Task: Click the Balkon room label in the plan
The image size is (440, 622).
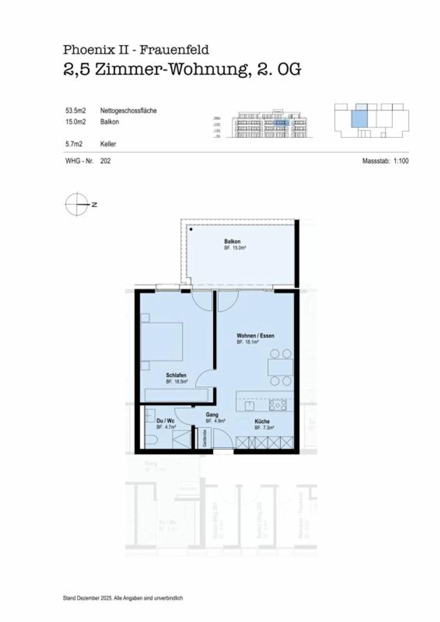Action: [232, 241]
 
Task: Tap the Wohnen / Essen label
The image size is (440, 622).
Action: [255, 336]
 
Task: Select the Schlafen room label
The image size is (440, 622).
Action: [176, 375]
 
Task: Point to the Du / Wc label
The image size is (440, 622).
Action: [165, 421]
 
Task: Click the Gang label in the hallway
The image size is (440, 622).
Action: [212, 415]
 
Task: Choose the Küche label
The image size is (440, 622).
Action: [262, 421]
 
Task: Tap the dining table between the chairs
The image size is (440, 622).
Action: [280, 367]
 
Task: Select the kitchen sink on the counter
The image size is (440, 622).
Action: [250, 406]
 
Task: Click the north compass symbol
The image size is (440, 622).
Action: [77, 204]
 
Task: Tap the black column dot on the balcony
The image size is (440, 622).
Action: [191, 229]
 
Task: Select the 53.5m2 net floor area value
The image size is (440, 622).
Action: [75, 111]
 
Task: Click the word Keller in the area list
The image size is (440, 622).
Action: [108, 144]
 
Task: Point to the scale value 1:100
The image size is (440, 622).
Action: [401, 161]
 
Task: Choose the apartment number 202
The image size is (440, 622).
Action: [105, 161]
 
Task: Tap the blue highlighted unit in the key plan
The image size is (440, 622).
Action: [359, 119]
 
